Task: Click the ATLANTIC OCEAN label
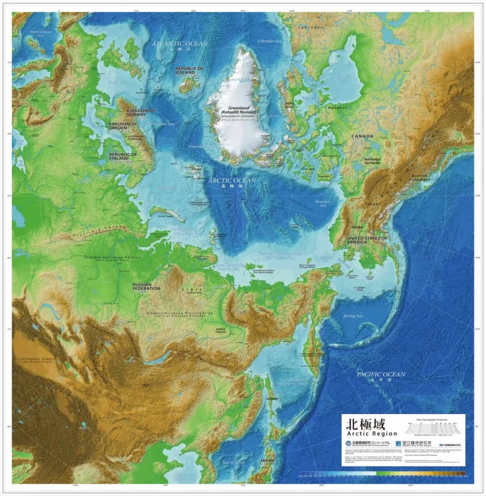pyautogui.click(x=179, y=44)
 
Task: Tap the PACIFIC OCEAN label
pyautogui.click(x=381, y=374)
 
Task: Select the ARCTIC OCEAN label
pyautogui.click(x=231, y=181)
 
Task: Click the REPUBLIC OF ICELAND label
pyautogui.click(x=189, y=71)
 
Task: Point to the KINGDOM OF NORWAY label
pyautogui.click(x=139, y=113)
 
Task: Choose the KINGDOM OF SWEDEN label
pyautogui.click(x=123, y=126)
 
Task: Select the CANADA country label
pyautogui.click(x=362, y=137)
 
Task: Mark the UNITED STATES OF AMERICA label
pyautogui.click(x=367, y=241)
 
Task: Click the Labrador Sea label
pyautogui.click(x=270, y=41)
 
